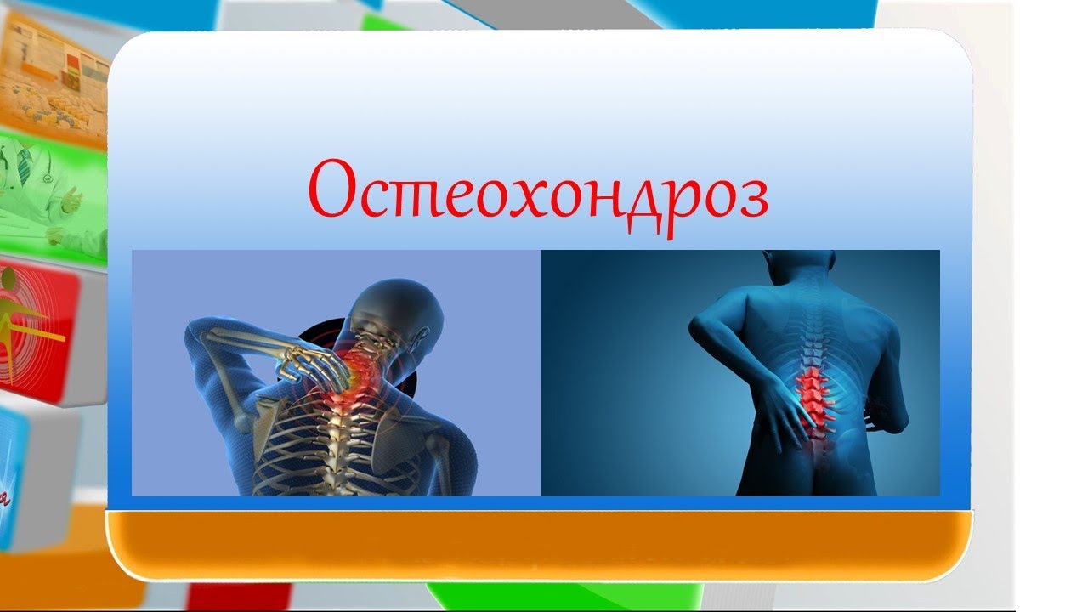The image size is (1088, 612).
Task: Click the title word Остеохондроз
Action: tap(538, 197)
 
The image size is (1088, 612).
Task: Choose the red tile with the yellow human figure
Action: tap(38, 331)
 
